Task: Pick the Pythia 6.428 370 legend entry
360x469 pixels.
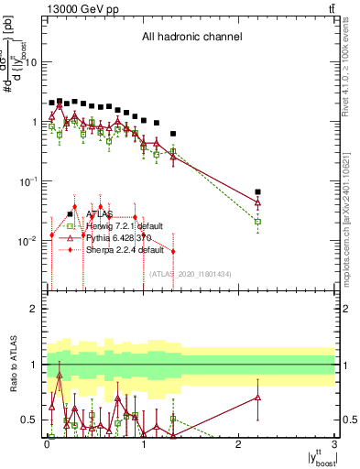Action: (x=119, y=237)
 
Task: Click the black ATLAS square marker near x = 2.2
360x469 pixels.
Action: (x=257, y=192)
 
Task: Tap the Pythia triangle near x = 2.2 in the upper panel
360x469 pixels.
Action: (x=257, y=202)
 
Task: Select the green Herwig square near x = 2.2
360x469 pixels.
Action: (x=257, y=222)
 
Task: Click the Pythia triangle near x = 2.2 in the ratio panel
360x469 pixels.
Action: (x=257, y=398)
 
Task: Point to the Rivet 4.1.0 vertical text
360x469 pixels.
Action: (x=351, y=55)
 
